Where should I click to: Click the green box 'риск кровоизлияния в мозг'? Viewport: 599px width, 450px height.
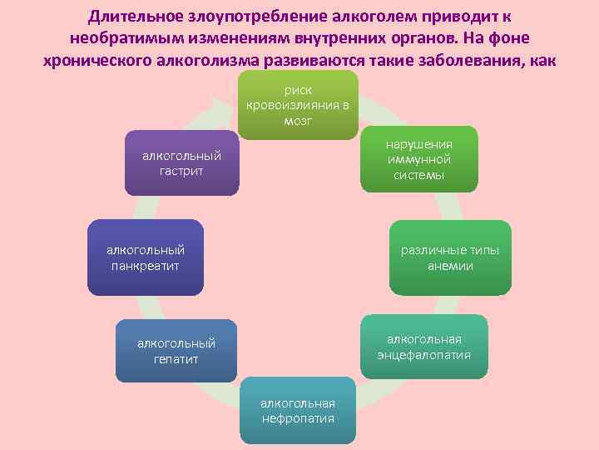[298, 105]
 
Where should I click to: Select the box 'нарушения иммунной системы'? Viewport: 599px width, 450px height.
[418, 158]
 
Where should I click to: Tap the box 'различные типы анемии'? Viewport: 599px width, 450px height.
[450, 257]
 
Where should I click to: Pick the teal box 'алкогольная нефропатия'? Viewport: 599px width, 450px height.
[298, 410]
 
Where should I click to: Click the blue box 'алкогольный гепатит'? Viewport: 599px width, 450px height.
[176, 350]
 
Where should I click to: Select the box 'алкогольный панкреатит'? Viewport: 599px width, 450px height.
[146, 257]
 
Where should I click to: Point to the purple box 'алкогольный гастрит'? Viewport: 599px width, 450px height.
[181, 162]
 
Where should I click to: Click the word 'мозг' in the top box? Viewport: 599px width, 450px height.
[298, 121]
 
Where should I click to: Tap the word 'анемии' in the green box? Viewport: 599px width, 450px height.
[450, 266]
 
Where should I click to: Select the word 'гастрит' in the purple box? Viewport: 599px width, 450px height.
[181, 171]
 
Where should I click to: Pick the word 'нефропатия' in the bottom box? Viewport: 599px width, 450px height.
[298, 418]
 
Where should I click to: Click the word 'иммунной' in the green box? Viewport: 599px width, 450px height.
[418, 159]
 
